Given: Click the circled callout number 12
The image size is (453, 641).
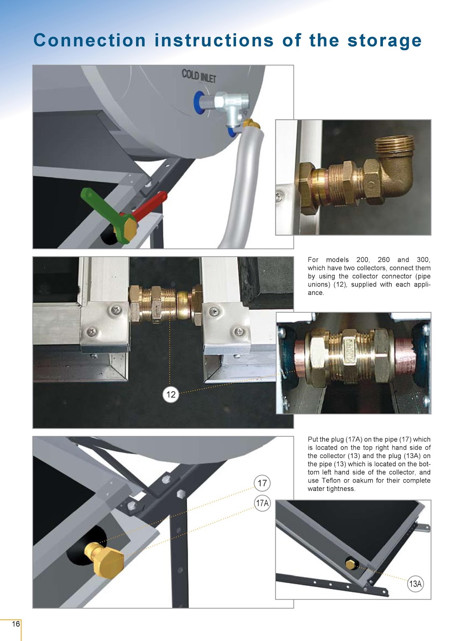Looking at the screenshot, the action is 171,394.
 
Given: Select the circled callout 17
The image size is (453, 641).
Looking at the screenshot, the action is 262,483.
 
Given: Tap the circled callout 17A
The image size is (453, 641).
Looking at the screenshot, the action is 262,503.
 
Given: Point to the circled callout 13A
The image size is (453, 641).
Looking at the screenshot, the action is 415,584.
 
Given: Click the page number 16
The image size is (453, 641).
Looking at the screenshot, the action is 16,624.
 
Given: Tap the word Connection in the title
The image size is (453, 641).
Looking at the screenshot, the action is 90,40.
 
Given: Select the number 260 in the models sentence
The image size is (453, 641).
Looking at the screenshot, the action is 383,260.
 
